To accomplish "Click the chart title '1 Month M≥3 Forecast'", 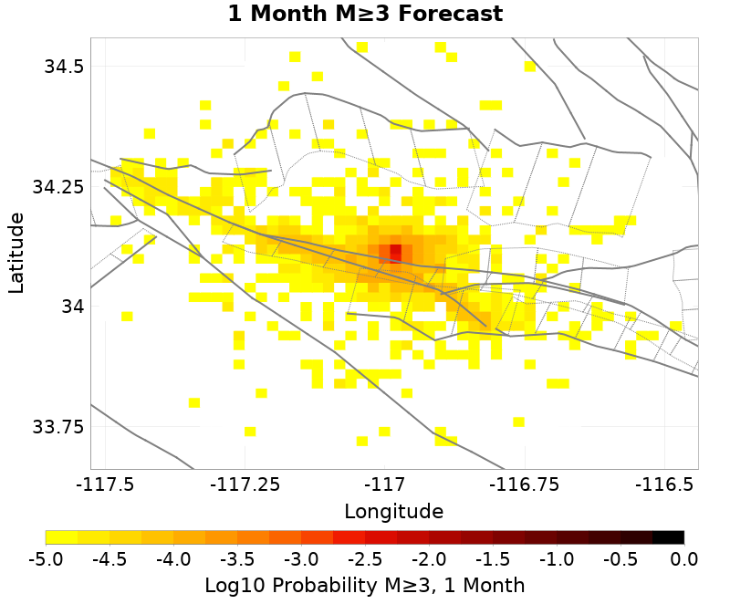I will pos(365,15).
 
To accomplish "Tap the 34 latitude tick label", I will pos(72,307).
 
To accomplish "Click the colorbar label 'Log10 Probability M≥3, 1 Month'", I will pos(365,585).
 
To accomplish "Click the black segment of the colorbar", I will pos(668,537).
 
